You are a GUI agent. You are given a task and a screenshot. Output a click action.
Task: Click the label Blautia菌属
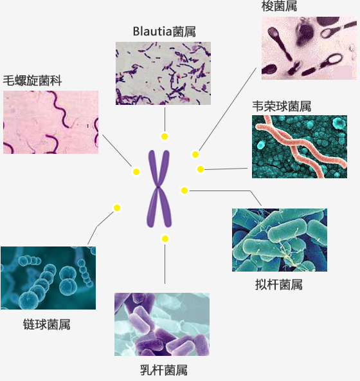[165, 32]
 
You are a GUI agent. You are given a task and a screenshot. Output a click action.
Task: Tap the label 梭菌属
[279, 6]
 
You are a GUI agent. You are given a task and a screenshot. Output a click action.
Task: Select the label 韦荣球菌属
[282, 106]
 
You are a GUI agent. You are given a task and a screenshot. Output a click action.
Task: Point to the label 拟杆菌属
[278, 284]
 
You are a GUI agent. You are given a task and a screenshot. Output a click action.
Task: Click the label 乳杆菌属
[164, 370]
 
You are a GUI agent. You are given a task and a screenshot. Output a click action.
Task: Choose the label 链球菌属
[47, 324]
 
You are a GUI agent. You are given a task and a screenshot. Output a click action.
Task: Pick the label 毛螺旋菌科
[32, 80]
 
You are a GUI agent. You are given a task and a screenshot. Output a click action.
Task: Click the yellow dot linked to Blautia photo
[165, 136]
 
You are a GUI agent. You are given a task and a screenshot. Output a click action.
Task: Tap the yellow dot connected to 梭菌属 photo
[195, 154]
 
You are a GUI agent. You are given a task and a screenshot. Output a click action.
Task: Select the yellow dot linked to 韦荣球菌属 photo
[201, 169]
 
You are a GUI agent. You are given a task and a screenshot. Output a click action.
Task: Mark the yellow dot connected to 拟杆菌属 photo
[184, 190]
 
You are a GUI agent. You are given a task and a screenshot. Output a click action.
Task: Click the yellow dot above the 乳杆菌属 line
[165, 239]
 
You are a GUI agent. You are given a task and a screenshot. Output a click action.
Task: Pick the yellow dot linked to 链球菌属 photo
[117, 208]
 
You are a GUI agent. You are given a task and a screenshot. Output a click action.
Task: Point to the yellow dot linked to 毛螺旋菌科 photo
[136, 172]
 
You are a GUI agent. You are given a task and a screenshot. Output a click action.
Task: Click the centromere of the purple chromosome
[158, 187]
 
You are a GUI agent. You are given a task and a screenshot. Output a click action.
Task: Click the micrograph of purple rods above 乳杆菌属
[162, 324]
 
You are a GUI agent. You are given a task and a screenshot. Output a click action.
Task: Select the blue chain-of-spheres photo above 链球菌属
[48, 278]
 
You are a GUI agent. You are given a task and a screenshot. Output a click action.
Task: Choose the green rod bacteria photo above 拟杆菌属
[280, 240]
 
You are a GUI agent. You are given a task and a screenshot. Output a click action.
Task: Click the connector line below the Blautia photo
[165, 120]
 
